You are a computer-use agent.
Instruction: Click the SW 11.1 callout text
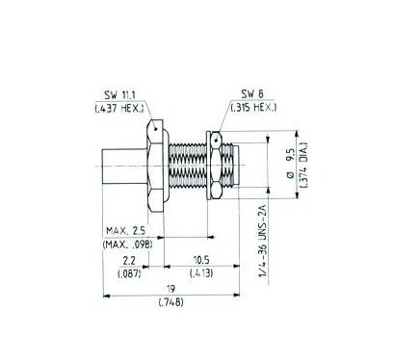(x=120, y=94)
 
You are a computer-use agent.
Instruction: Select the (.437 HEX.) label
(x=119, y=108)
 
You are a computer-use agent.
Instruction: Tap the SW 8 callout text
(x=252, y=94)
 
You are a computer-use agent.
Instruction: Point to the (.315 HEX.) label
(x=253, y=107)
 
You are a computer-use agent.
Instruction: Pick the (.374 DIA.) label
(x=304, y=165)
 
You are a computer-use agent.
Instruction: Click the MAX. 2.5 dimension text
(x=126, y=230)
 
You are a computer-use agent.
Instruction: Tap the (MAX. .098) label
(x=127, y=244)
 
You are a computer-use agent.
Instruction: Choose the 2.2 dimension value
(x=129, y=261)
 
